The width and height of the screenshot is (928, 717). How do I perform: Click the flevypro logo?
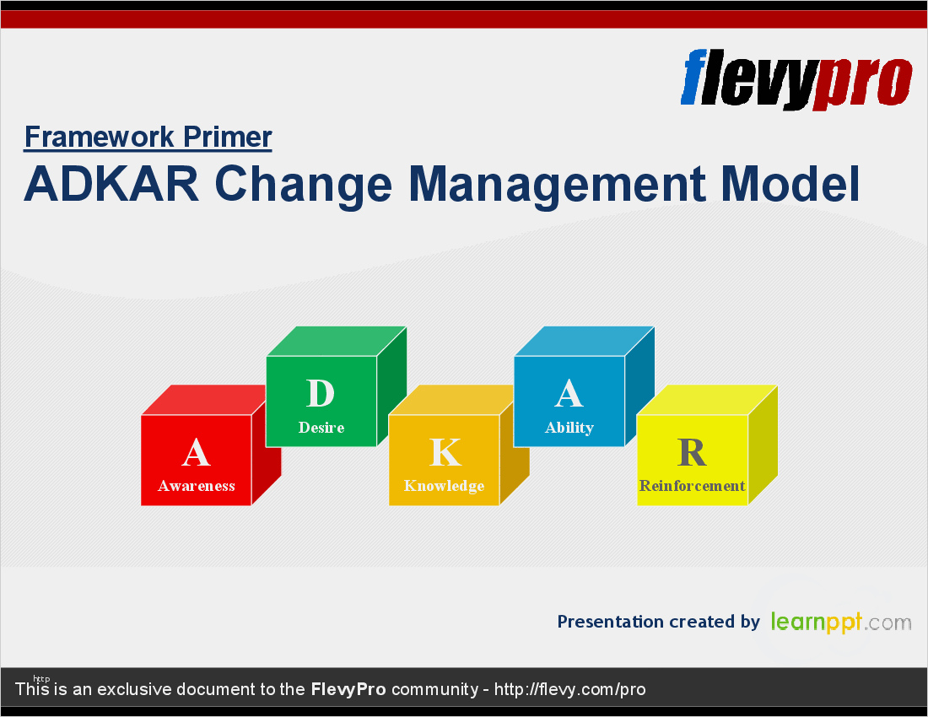pyautogui.click(x=796, y=79)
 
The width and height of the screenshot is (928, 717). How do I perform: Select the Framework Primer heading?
pyautogui.click(x=148, y=137)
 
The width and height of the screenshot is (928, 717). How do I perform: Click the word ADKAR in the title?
pyautogui.click(x=111, y=184)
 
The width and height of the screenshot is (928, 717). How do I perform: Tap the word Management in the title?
pyautogui.click(x=557, y=186)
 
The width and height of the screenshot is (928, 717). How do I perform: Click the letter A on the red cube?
pyautogui.click(x=196, y=453)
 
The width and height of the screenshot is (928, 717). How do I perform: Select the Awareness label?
pyautogui.click(x=197, y=486)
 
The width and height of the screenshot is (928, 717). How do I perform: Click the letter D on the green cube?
pyautogui.click(x=321, y=393)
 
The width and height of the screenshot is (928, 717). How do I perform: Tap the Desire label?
pyautogui.click(x=321, y=427)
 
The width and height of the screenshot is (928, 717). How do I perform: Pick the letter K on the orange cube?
pyautogui.click(x=445, y=453)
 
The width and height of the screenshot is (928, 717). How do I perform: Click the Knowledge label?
pyautogui.click(x=444, y=486)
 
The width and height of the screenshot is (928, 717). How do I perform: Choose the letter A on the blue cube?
pyautogui.click(x=569, y=393)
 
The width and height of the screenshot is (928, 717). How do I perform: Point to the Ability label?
pyautogui.click(x=569, y=428)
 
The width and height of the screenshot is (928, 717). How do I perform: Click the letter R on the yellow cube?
pyautogui.click(x=692, y=453)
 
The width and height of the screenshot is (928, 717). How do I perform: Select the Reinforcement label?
pyautogui.click(x=692, y=486)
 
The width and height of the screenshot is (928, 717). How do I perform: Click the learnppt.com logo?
pyautogui.click(x=841, y=622)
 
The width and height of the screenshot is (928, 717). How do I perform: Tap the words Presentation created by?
pyautogui.click(x=659, y=622)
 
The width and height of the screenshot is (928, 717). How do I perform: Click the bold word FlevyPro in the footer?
pyautogui.click(x=348, y=689)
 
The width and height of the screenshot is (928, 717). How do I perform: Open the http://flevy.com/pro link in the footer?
pyautogui.click(x=570, y=690)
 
